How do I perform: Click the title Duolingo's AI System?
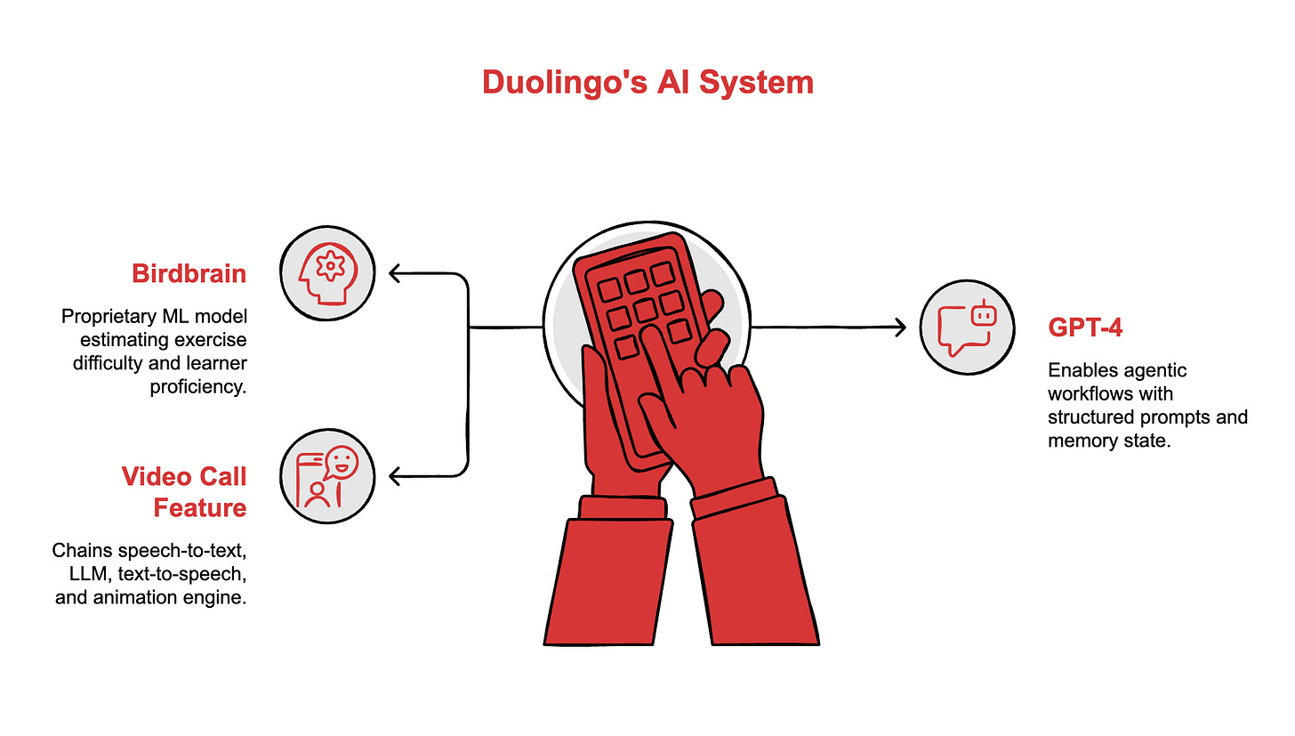[647, 83]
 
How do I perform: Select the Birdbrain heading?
[189, 273]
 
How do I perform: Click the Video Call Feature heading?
[184, 491]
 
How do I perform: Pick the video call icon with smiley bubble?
[326, 478]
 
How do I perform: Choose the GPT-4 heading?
[1085, 328]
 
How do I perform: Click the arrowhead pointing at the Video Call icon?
[394, 478]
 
